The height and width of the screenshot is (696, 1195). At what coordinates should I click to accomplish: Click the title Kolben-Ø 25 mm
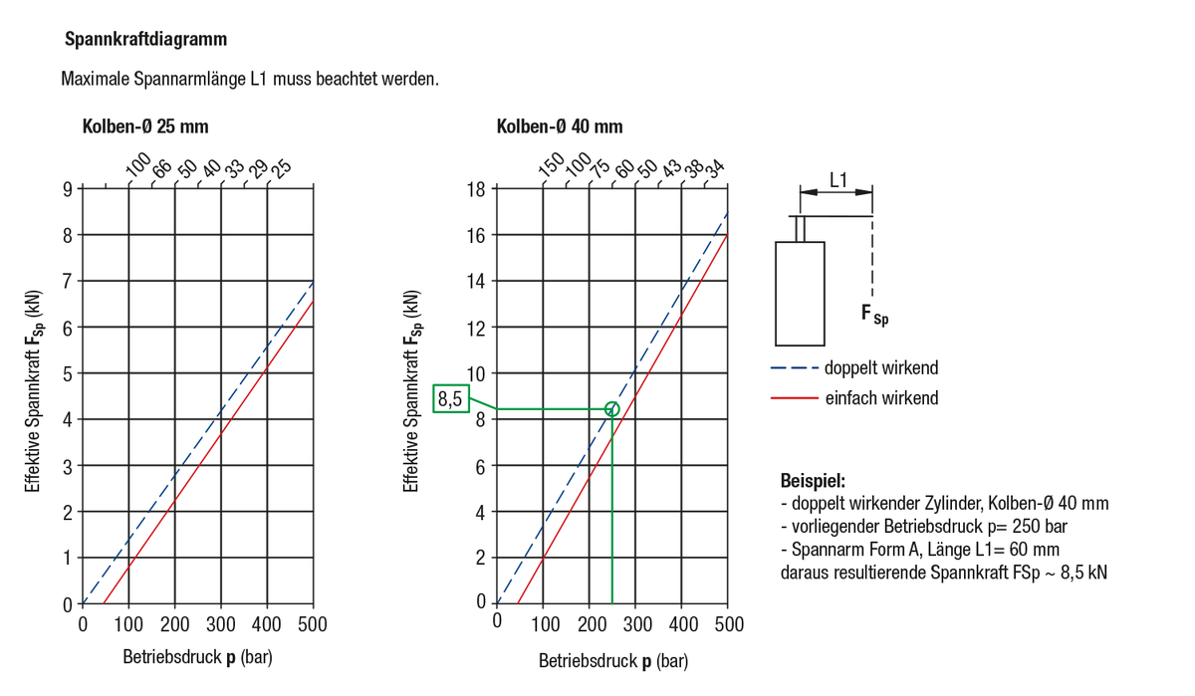point(145,126)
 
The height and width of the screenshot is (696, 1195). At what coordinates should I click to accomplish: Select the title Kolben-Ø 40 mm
point(560,126)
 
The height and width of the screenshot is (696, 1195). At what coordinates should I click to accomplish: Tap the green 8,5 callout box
point(449,400)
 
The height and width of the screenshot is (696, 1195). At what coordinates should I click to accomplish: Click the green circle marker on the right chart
point(611,408)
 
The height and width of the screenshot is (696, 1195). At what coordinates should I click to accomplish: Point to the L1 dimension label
point(838,179)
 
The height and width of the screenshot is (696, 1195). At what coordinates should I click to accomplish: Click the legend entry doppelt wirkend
point(880,368)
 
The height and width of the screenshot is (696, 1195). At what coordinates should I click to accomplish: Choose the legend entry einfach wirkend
point(880,398)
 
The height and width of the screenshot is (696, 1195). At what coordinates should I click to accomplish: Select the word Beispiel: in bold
point(813,480)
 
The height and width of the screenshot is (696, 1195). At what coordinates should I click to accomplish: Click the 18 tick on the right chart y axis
point(476,189)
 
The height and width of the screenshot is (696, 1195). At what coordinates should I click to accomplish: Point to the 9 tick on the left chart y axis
point(67,189)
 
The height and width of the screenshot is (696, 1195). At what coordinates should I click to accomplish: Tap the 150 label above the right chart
point(551,166)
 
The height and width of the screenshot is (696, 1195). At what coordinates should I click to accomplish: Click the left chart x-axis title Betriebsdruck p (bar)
point(197,658)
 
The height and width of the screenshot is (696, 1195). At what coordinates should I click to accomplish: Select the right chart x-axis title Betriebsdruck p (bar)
point(612,661)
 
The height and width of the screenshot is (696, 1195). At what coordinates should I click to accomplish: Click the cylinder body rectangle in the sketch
point(801,293)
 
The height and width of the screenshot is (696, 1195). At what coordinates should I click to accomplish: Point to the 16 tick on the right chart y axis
point(476,235)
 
